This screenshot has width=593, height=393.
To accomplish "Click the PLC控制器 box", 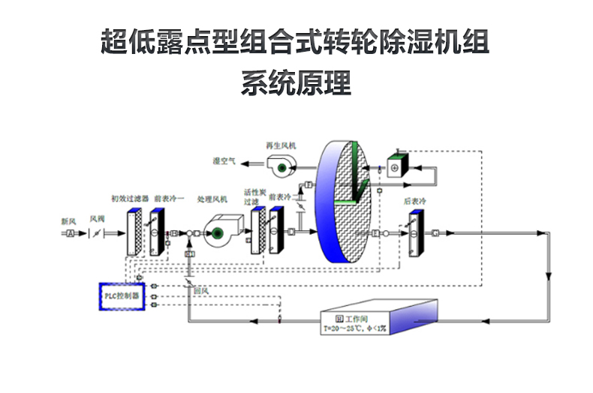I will click(122, 296).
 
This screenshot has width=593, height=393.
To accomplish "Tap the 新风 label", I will click(68, 221).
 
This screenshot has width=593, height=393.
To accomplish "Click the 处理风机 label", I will click(212, 199).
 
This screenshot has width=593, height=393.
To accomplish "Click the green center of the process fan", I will click(216, 233).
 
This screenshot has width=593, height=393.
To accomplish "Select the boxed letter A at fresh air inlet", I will click(70, 234).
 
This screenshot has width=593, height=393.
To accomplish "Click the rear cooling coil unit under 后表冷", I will click(414, 233).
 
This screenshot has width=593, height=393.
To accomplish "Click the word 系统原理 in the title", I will click(296, 82).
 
